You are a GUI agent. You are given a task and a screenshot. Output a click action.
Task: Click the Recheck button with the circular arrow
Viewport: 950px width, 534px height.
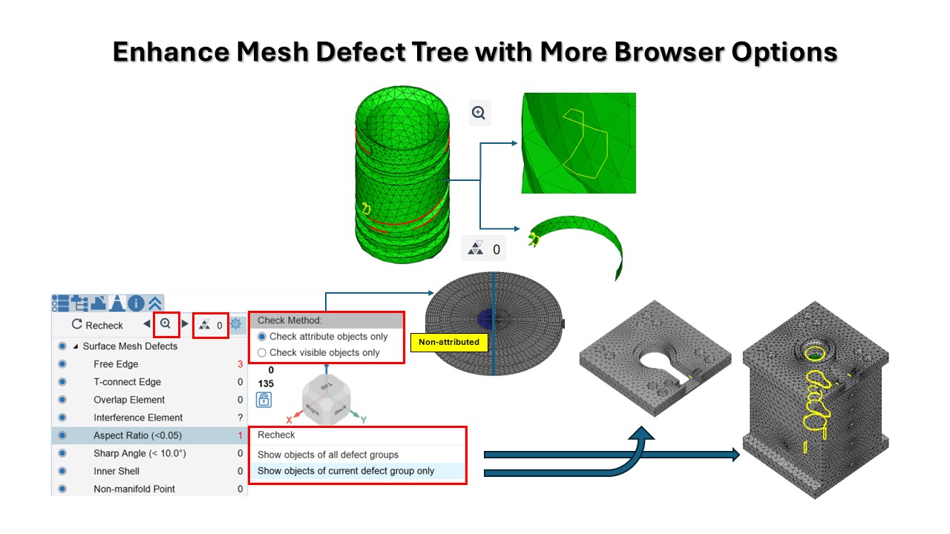[97, 325]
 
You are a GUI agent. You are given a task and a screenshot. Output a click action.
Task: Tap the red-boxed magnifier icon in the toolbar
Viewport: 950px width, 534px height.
[166, 324]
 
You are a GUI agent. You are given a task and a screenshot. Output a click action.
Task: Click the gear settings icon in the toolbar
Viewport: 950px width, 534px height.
[236, 324]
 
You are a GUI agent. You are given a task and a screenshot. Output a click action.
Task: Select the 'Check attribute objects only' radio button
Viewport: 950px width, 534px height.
[262, 337]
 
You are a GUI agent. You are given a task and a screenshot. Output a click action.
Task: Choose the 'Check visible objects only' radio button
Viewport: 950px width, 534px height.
[262, 353]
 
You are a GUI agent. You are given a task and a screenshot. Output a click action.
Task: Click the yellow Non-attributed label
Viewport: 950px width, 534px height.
[449, 342]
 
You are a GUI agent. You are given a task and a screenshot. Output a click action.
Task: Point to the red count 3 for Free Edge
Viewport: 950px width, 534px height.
[240, 364]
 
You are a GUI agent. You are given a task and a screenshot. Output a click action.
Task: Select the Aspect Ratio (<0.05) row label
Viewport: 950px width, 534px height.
[137, 435]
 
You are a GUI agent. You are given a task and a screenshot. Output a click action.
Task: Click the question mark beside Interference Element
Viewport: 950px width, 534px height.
[240, 418]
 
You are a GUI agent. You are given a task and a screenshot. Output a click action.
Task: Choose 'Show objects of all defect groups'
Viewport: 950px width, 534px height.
[328, 455]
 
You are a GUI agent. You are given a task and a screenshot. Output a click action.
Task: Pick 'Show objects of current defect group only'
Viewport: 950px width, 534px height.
[346, 471]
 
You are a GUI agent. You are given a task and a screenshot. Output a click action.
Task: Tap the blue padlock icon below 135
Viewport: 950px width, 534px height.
[263, 400]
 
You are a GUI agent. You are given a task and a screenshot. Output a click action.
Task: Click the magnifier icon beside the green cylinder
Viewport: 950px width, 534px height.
[479, 113]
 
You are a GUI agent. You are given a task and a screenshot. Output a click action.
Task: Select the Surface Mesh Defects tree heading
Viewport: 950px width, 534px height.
[130, 346]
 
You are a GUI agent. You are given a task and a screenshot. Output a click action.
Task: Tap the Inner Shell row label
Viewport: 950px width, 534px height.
[117, 471]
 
